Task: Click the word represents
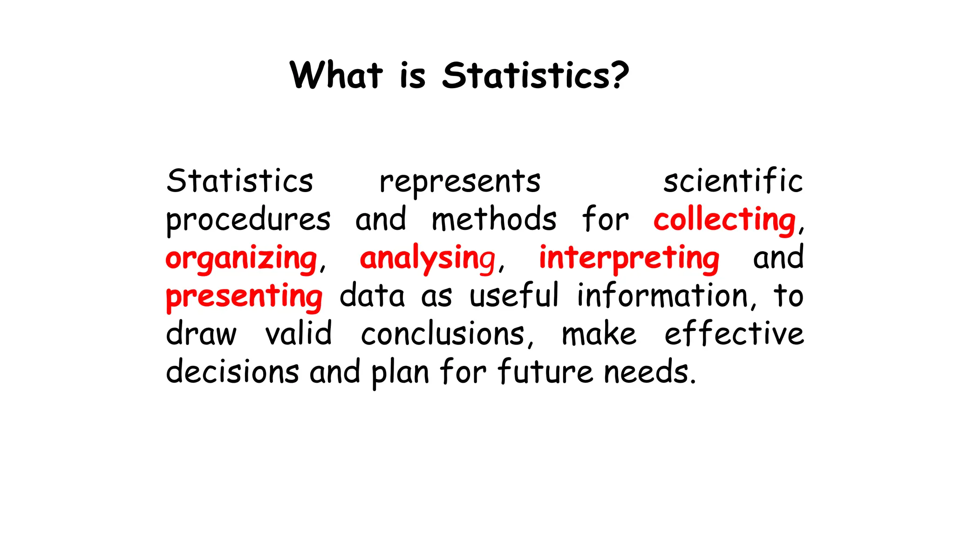(460, 182)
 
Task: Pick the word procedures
(248, 220)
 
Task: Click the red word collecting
(724, 220)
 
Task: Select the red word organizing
(241, 259)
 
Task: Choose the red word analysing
(428, 259)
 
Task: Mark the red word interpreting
(629, 259)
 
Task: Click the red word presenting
(244, 297)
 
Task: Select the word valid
(299, 334)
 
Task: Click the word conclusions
(443, 335)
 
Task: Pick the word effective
(734, 334)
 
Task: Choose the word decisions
(232, 372)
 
